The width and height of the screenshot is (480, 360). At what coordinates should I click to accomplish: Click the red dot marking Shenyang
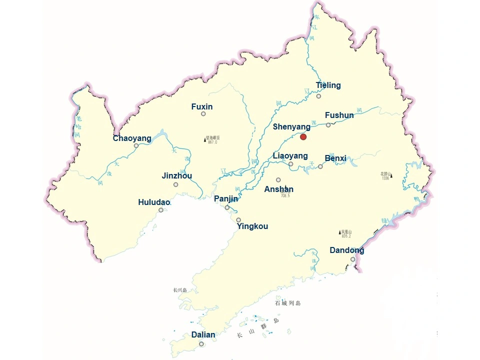click(303, 136)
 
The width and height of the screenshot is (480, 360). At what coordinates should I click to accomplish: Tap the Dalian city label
click(203, 335)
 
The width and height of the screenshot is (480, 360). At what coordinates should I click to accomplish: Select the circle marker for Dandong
click(353, 259)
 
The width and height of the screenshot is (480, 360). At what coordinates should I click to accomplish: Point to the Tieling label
click(328, 85)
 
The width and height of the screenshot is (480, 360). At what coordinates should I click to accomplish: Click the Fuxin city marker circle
click(203, 114)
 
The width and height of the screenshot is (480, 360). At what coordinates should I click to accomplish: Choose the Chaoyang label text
click(132, 138)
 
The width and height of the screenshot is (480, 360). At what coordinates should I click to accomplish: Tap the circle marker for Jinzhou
click(176, 184)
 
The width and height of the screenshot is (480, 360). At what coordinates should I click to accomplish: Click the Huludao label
click(154, 202)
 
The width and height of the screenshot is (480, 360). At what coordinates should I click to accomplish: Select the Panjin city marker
click(227, 207)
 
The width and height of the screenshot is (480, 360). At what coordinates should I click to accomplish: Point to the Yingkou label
click(252, 226)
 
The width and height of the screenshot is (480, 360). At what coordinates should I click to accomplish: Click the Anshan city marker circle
click(278, 180)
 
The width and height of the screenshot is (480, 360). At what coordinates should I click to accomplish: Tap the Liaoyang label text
click(290, 156)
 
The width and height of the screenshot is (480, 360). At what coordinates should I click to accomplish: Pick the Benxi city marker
click(320, 166)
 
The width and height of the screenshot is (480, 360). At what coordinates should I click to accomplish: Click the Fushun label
click(339, 115)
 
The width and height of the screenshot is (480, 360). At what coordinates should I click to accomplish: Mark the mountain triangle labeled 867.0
click(205, 139)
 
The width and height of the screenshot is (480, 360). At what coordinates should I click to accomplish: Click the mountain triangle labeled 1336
click(391, 175)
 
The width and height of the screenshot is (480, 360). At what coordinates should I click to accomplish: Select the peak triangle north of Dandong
click(340, 232)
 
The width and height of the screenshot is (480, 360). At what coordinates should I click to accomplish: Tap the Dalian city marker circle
click(201, 344)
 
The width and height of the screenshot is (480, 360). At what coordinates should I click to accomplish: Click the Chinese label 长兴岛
click(179, 290)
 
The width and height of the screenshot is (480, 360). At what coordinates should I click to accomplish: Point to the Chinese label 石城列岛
click(288, 303)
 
